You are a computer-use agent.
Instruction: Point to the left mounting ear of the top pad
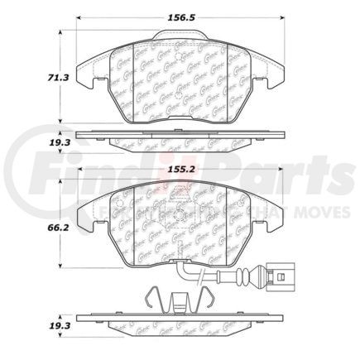click(x=83, y=76)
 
